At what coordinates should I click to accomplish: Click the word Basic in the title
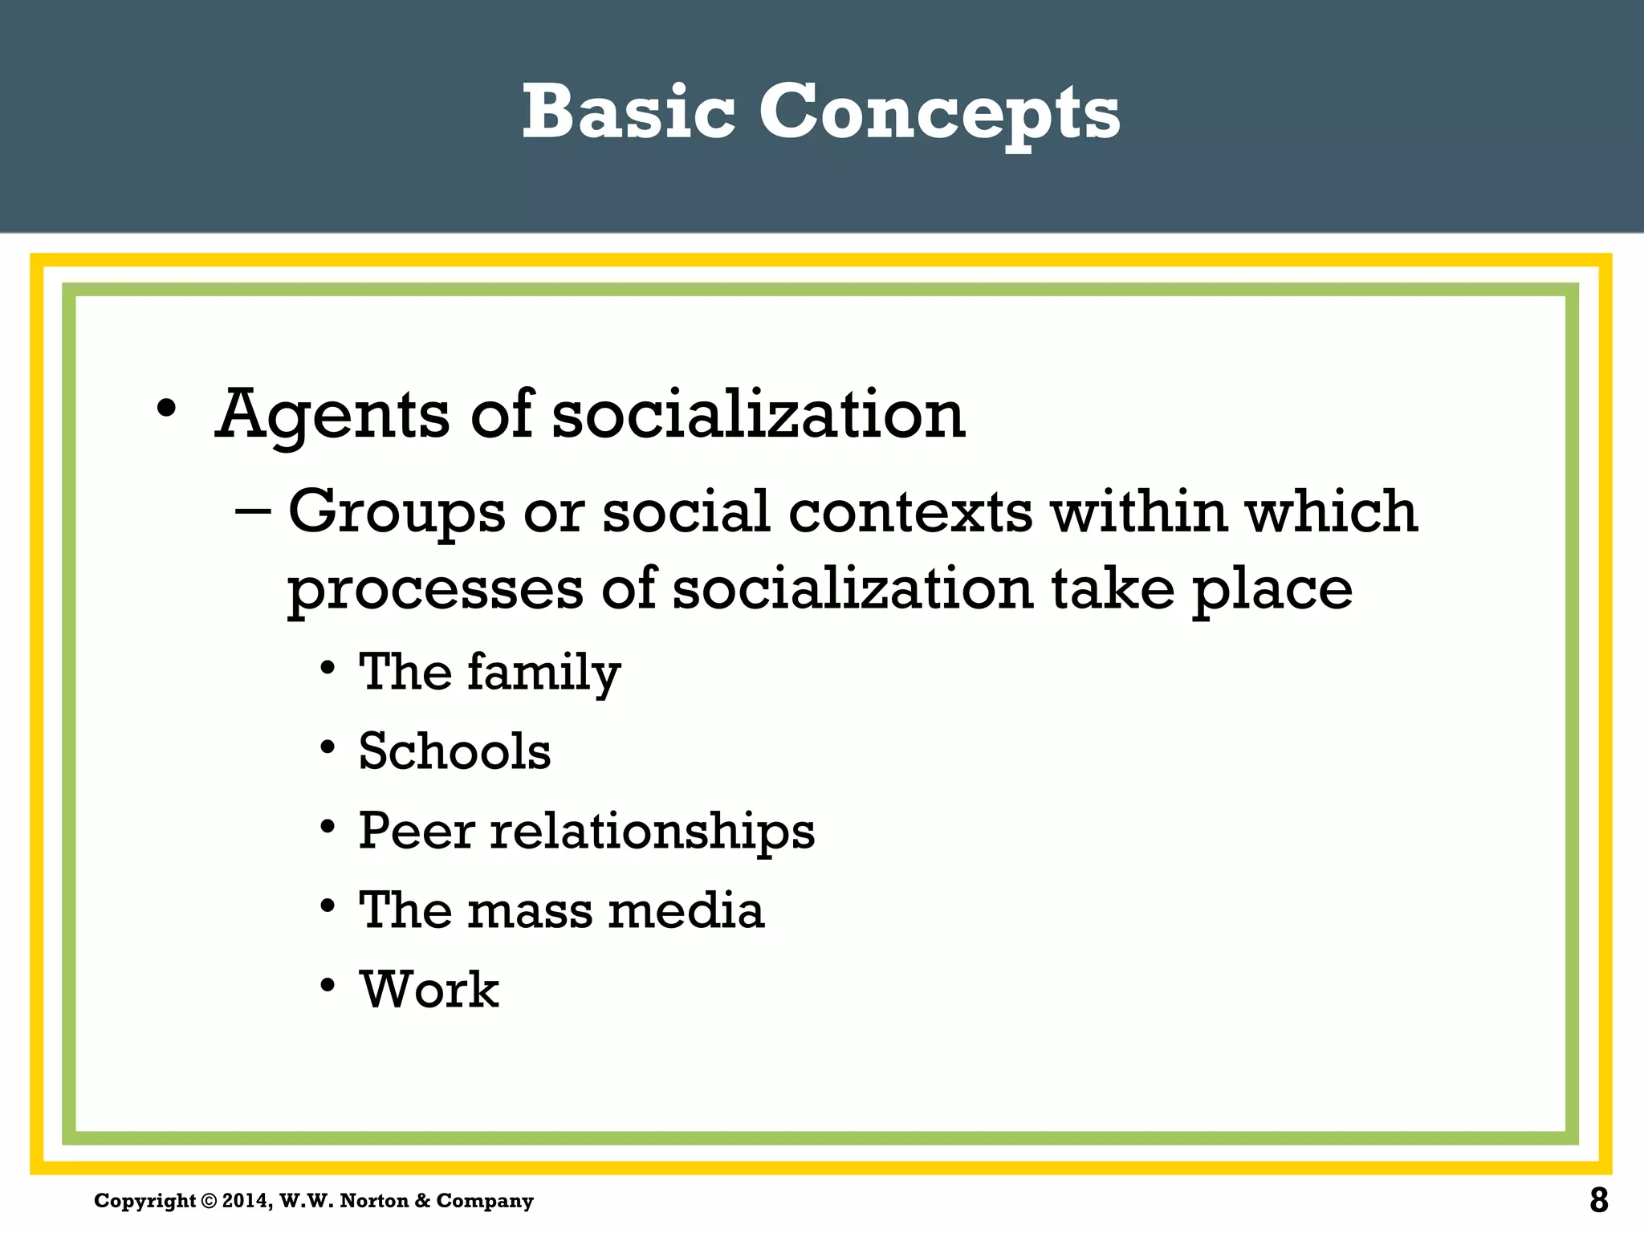coord(628,112)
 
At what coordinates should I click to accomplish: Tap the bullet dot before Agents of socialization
coord(166,409)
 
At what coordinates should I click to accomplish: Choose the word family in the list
coord(543,673)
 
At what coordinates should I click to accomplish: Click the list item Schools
coord(454,751)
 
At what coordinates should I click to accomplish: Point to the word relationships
coord(653,832)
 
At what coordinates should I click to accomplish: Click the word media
coord(686,910)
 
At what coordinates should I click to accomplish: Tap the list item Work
coord(429,989)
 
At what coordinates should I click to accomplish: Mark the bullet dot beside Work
coord(328,985)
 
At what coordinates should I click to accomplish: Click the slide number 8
coord(1598,1201)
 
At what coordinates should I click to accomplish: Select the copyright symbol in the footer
coord(209,1202)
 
